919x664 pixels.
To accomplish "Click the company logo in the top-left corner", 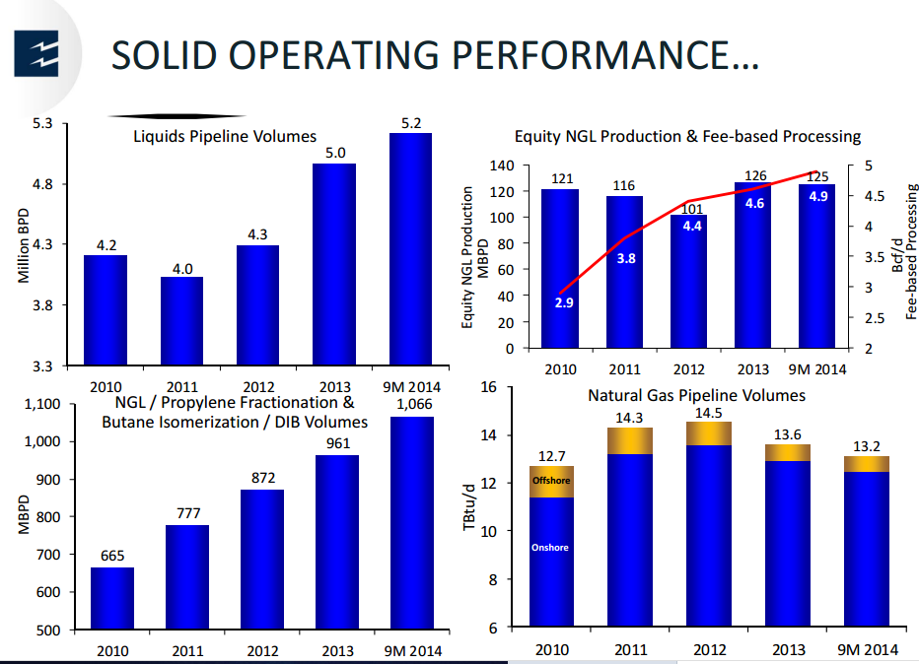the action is point(36,54).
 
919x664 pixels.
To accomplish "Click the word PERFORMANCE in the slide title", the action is point(605,55).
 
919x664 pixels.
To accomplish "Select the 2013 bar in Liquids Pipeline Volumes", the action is point(334,265).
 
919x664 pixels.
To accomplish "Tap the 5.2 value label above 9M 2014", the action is point(411,123).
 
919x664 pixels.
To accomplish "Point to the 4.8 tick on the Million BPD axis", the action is point(42,184).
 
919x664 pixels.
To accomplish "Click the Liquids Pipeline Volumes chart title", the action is point(225,136).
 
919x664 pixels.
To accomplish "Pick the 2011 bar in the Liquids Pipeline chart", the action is point(181,321).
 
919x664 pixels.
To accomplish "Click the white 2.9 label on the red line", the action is point(564,302).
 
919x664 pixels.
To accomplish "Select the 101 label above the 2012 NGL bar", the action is point(692,209).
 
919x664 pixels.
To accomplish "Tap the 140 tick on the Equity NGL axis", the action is point(502,166).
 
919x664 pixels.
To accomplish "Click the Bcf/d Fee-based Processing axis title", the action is point(904,252).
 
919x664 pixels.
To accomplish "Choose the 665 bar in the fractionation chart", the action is point(112,598).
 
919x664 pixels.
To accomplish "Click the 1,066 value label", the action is point(414,404).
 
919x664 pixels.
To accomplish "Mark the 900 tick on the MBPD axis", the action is point(48,480).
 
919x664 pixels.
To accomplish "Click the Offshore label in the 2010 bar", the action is point(551,480).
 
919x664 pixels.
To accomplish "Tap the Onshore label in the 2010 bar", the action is point(550,548).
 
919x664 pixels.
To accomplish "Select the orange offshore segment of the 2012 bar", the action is point(709,433).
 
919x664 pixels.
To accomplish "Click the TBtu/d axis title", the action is point(469,507).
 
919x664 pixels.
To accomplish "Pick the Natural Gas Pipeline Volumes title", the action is point(696,396).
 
